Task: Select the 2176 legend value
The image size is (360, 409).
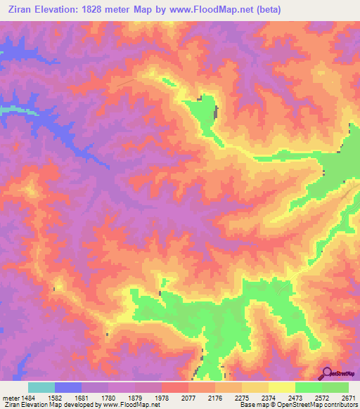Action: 207,397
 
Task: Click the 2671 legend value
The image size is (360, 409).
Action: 349,397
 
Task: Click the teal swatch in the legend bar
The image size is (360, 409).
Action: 41,387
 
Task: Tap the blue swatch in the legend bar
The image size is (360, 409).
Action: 68,387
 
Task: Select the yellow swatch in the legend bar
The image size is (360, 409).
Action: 282,387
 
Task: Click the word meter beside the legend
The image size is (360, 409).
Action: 9,397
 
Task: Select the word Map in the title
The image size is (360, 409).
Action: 157,10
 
